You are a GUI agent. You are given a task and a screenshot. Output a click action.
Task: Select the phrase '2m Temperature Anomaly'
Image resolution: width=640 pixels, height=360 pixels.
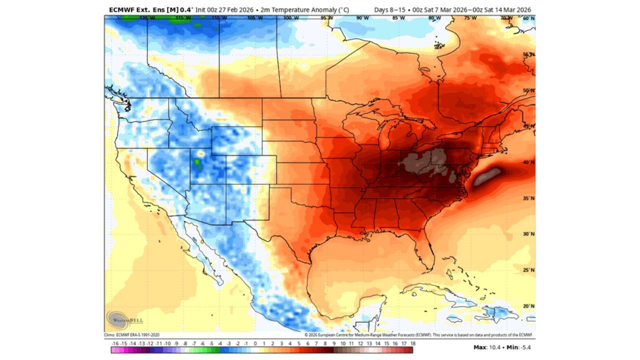[x=300, y=9]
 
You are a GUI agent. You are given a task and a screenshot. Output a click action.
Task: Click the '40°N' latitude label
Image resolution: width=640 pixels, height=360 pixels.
[x=528, y=162]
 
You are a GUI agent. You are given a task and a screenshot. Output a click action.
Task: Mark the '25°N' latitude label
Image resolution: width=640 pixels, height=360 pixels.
[x=528, y=270]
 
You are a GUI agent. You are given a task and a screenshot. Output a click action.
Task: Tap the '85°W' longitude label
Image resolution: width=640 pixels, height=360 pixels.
[x=398, y=18]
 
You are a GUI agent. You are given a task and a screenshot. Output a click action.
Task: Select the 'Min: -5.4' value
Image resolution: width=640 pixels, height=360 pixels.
[x=519, y=347]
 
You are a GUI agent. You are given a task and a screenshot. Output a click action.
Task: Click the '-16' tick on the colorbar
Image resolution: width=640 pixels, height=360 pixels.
[x=115, y=344]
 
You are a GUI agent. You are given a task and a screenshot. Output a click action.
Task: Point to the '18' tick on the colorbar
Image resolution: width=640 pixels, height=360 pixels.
[x=412, y=344]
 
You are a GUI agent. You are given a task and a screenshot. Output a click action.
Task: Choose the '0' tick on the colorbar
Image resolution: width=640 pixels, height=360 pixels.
[x=255, y=344]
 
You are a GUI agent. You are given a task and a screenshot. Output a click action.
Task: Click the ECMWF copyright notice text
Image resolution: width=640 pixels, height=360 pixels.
[x=419, y=334]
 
